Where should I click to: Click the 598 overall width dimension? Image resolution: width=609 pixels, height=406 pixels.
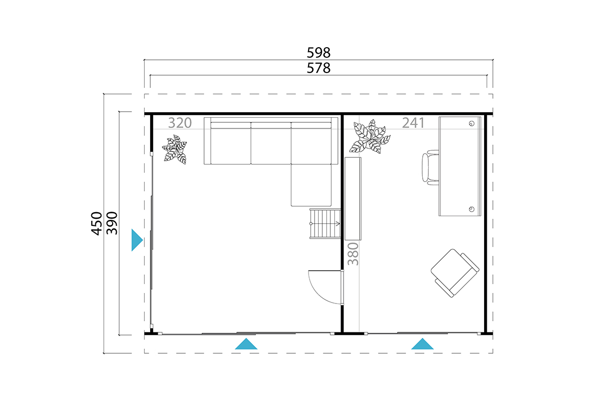click(318, 53)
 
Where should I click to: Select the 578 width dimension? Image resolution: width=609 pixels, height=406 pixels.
click(318, 68)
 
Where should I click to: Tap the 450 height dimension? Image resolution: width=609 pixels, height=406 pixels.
click(96, 223)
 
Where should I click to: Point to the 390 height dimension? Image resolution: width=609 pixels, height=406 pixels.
click(112, 223)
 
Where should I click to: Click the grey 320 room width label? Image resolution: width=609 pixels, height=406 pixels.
click(180, 123)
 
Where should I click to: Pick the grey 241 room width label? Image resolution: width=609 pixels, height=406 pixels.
click(413, 123)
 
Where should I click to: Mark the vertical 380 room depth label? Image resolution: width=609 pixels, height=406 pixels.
click(353, 254)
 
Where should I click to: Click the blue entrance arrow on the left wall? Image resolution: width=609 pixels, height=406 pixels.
click(137, 240)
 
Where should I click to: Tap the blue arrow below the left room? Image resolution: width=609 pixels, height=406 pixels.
click(246, 344)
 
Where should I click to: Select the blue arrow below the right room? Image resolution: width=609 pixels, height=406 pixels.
click(422, 344)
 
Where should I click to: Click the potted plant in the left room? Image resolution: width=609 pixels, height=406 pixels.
click(175, 150)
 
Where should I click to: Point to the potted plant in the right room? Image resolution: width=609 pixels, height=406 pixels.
click(370, 137)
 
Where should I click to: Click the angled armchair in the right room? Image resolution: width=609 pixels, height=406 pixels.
click(455, 273)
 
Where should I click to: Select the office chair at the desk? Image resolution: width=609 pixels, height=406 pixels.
click(430, 167)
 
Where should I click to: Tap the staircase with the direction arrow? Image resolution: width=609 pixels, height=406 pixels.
click(325, 224)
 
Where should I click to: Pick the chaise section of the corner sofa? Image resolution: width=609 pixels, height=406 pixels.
click(311, 185)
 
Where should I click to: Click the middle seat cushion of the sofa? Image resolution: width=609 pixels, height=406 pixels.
click(271, 143)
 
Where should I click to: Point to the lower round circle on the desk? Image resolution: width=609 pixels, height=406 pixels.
click(471, 209)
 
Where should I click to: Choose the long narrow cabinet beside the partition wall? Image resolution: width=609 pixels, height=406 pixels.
click(353, 198)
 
